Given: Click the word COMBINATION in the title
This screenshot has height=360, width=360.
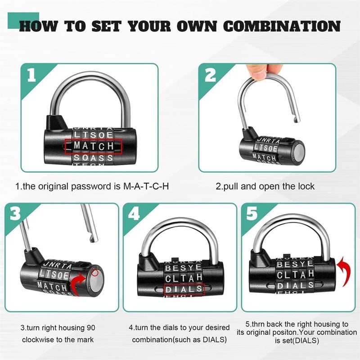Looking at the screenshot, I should (x=282, y=26).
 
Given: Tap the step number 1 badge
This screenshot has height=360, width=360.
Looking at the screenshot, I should (x=31, y=75).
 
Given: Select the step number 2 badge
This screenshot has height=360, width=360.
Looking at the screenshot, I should (x=210, y=75).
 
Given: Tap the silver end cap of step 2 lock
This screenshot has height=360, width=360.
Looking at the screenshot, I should (x=298, y=151).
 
